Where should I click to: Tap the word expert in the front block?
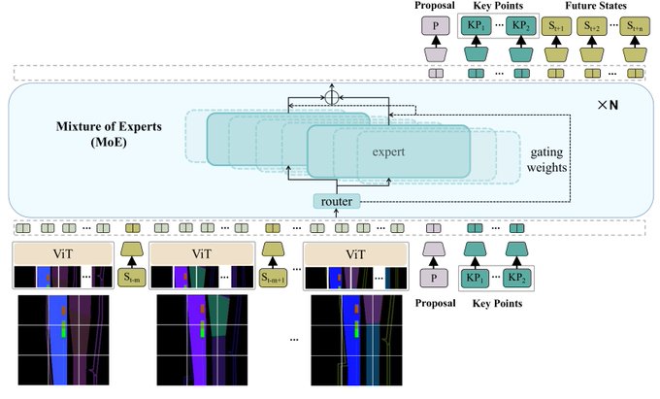[x=388, y=152]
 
